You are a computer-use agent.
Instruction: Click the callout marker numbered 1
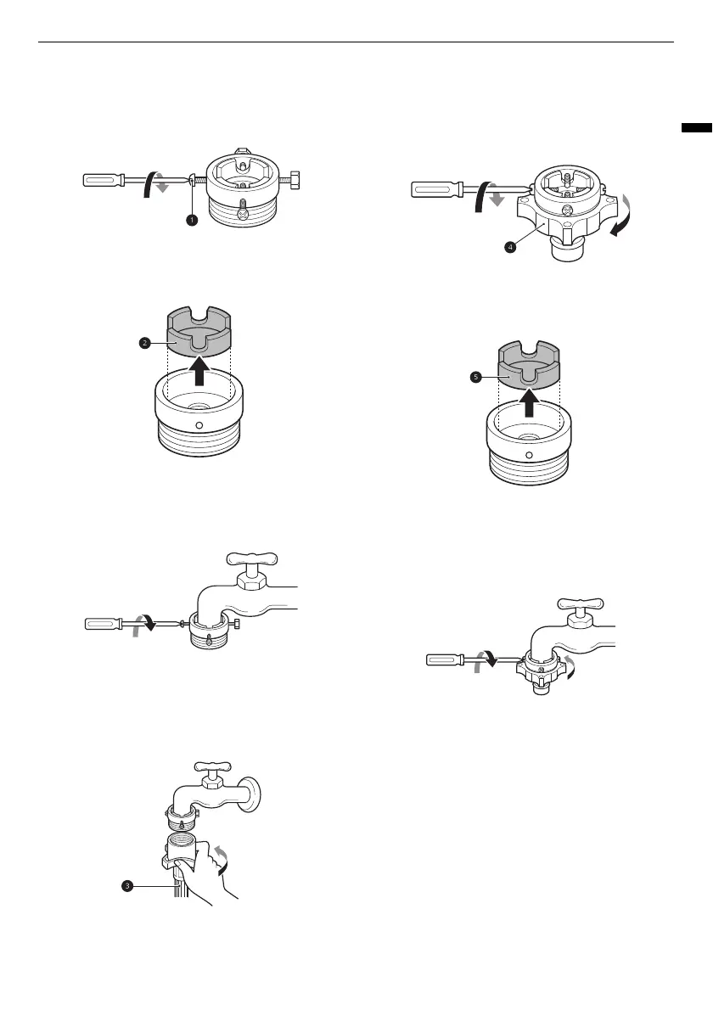click(x=192, y=219)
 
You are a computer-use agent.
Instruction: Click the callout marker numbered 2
click(x=144, y=343)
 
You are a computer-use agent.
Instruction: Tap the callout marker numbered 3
click(x=126, y=885)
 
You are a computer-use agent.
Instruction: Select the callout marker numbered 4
click(x=509, y=247)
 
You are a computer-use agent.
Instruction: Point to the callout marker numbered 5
click(x=475, y=379)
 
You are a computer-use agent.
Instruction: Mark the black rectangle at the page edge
click(x=696, y=128)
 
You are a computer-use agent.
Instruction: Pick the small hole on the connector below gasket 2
click(x=199, y=425)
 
